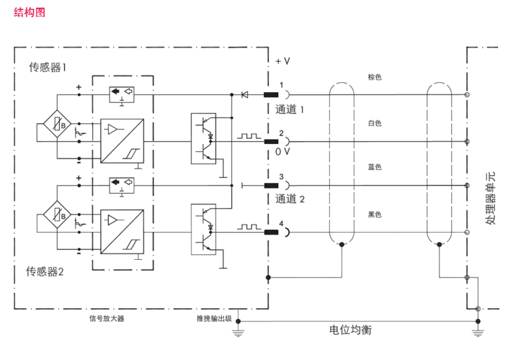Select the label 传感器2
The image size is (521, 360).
45,271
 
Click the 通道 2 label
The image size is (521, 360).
291,199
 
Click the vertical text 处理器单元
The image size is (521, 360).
490,199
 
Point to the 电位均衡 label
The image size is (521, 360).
351,330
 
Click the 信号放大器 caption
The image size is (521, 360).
117,318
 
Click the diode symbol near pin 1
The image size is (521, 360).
244,94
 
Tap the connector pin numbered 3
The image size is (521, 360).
272,185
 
